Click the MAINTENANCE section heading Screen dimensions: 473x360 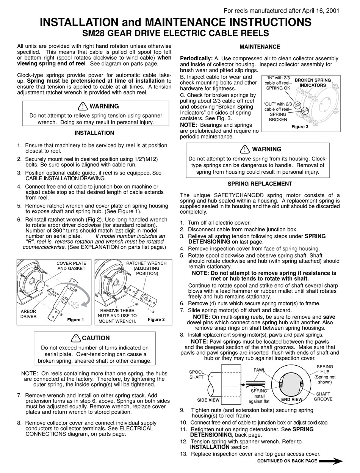[260, 47]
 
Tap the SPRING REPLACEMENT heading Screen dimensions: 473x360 [260, 184]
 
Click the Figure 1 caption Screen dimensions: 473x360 [76, 320]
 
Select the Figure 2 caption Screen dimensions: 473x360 [156, 319]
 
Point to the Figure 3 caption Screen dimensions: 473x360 [300, 127]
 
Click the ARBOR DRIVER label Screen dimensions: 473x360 [28, 314]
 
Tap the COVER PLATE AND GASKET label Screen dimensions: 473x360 [71, 266]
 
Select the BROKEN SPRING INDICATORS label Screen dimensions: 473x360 [313, 83]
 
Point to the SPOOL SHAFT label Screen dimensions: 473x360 [196, 374]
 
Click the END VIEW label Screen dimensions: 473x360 [291, 399]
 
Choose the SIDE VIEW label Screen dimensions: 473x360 [208, 400]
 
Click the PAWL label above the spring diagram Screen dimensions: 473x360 [259, 370]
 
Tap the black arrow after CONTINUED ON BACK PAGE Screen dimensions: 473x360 [331, 461]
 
